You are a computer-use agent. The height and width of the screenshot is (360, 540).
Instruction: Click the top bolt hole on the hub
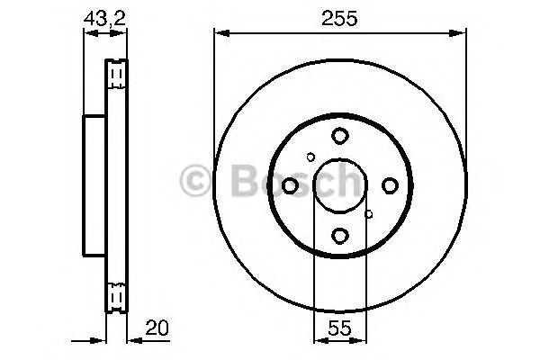[339, 136]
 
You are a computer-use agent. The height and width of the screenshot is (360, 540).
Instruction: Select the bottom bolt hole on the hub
[339, 236]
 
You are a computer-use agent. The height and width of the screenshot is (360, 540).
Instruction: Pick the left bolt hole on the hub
[290, 185]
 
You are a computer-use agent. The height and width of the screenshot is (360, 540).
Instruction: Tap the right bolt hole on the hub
[390, 185]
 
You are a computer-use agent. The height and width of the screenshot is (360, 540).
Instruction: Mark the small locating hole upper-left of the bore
[310, 157]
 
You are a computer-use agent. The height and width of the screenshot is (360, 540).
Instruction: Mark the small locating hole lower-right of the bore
[369, 214]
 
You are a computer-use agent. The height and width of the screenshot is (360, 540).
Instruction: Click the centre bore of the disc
[339, 185]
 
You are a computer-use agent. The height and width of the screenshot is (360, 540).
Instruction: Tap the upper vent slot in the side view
[115, 73]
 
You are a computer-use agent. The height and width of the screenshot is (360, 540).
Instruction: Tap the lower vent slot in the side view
[115, 296]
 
